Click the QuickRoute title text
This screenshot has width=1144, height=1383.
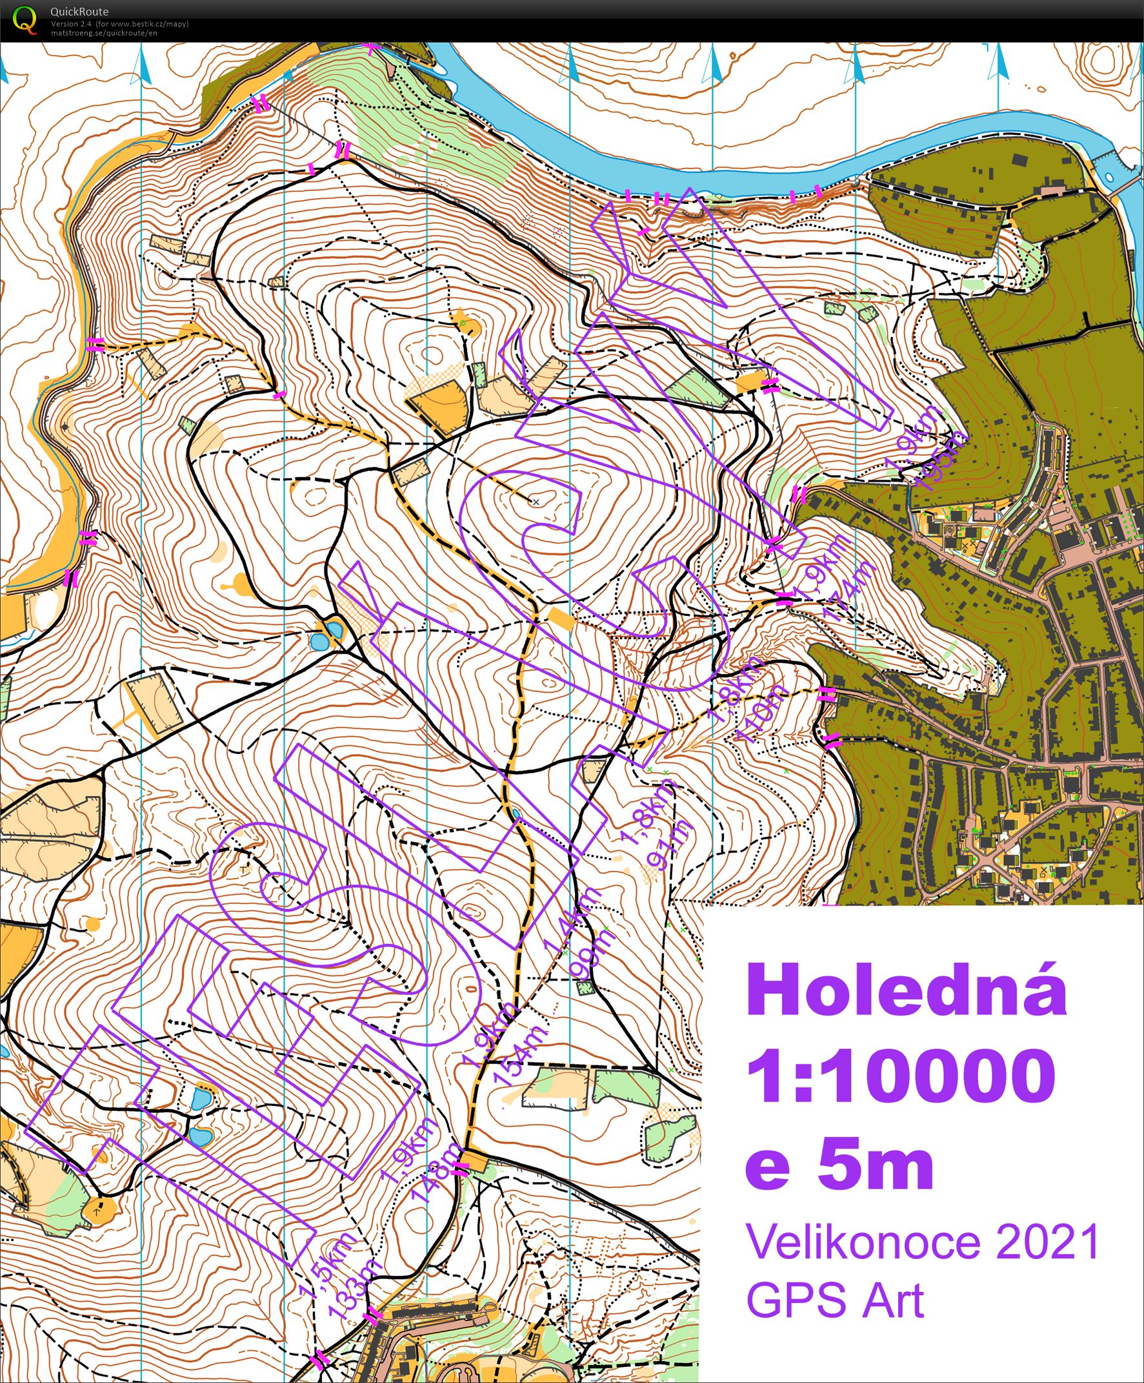click(x=79, y=11)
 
